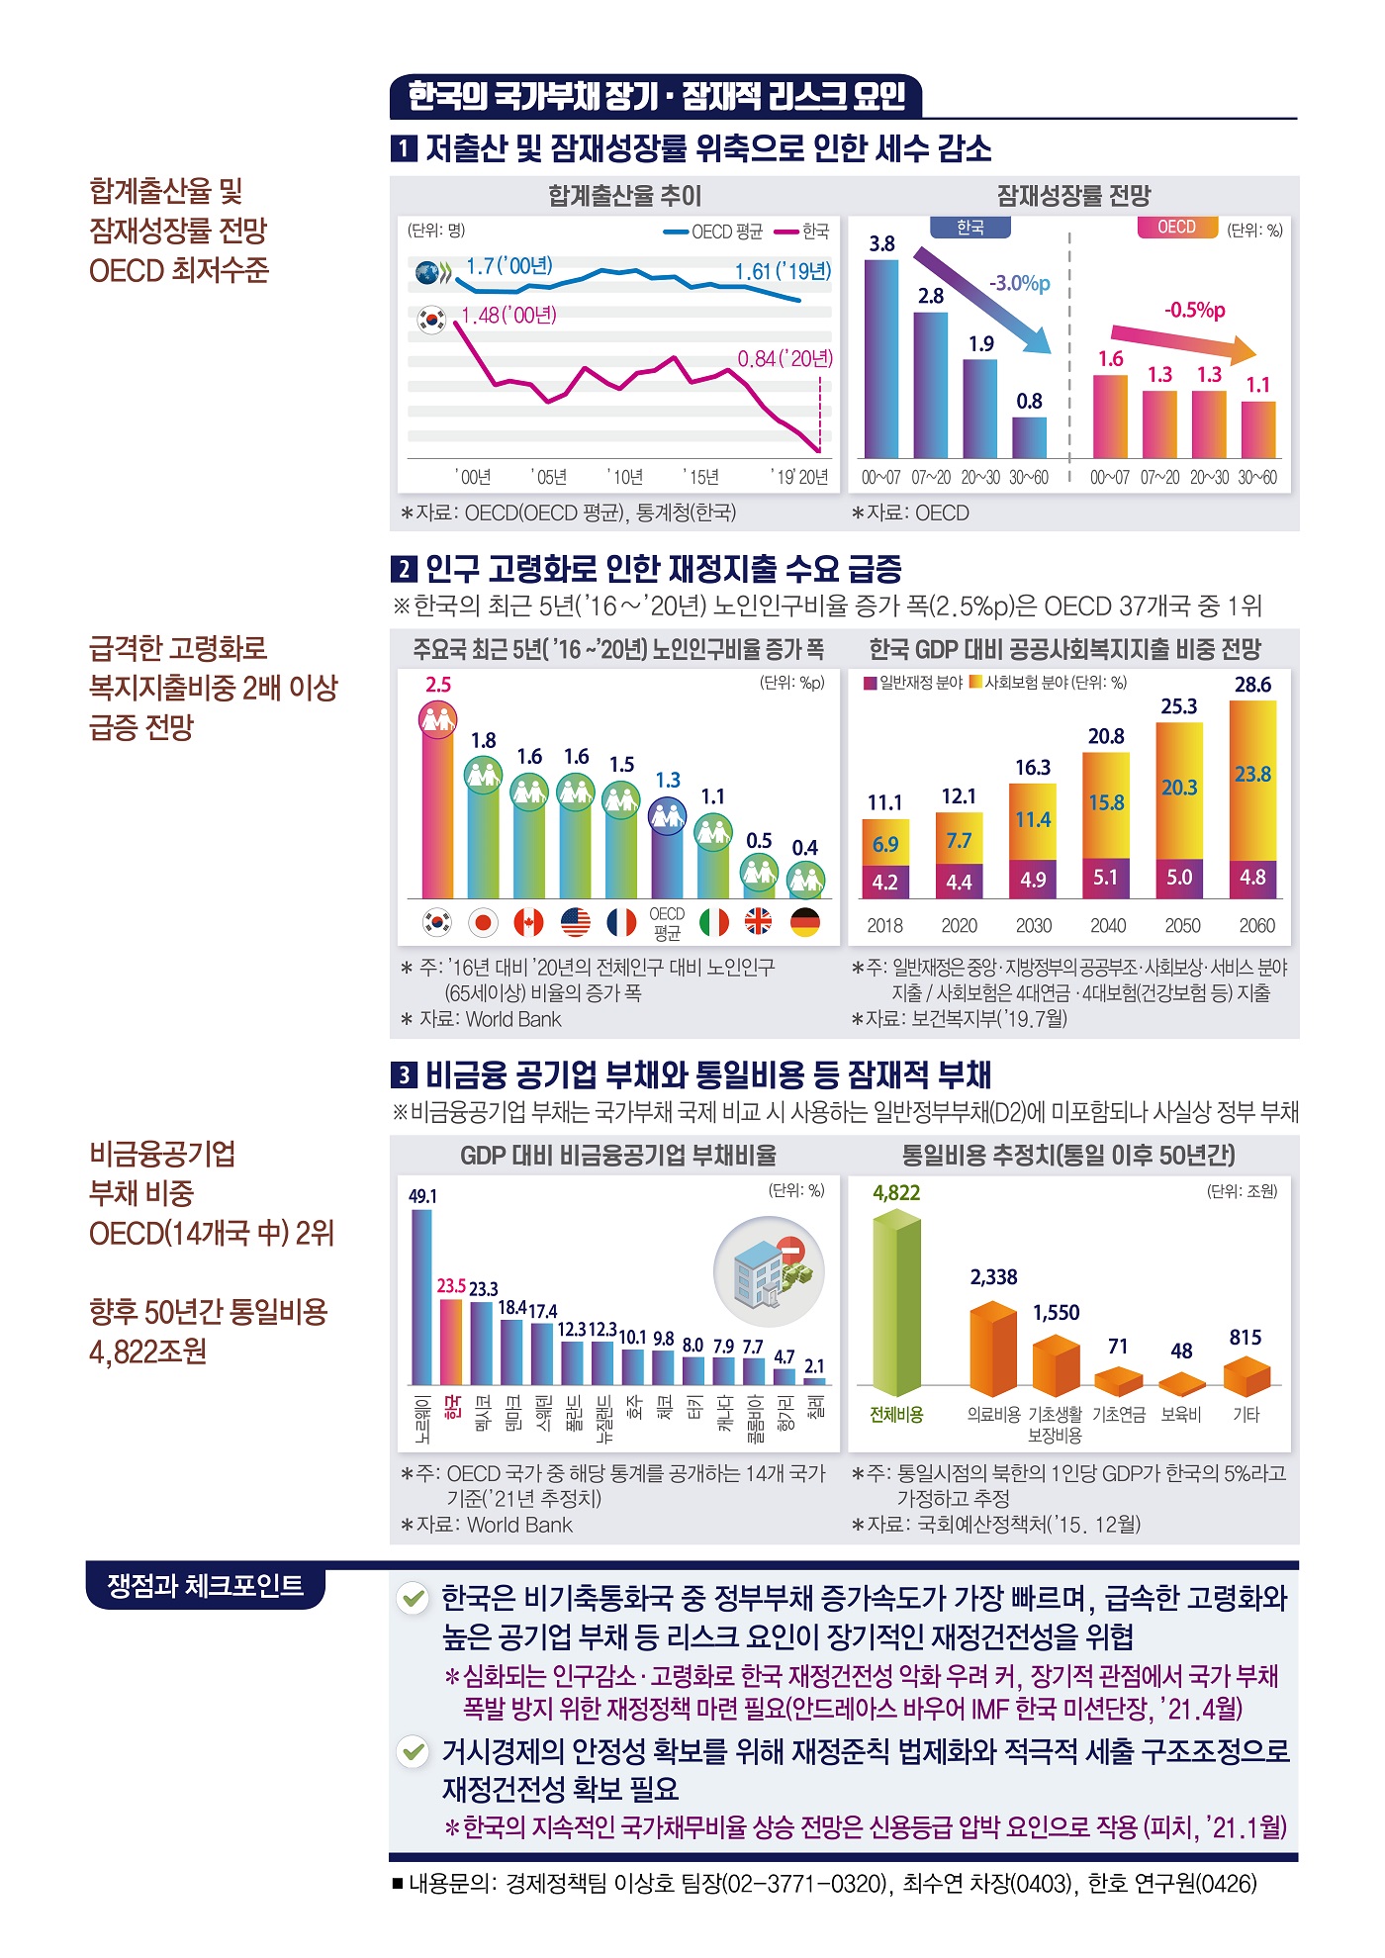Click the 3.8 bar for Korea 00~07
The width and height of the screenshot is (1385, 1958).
(x=881, y=358)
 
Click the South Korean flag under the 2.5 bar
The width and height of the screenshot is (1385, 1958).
(x=437, y=922)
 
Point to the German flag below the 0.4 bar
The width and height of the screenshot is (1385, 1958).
(x=805, y=922)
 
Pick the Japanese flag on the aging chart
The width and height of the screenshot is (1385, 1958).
(x=483, y=922)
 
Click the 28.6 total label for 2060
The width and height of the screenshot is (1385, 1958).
(x=1252, y=685)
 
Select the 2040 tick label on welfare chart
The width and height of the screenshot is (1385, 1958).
(x=1107, y=926)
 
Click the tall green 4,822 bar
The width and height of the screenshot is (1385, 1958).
(x=896, y=1301)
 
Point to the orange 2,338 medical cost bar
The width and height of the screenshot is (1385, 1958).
(x=993, y=1349)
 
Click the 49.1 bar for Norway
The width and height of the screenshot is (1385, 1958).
(x=421, y=1297)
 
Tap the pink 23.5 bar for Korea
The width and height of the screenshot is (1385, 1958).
(x=451, y=1342)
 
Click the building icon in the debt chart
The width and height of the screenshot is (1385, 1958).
(x=770, y=1272)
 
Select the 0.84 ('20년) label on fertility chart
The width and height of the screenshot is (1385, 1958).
(x=785, y=358)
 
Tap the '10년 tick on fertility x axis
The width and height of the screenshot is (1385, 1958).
(x=625, y=477)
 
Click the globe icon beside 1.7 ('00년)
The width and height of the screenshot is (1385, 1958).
(x=427, y=273)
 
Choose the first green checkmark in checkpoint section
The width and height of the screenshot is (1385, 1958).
(x=413, y=1598)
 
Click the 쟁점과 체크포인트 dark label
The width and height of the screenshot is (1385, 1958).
(x=205, y=1586)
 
